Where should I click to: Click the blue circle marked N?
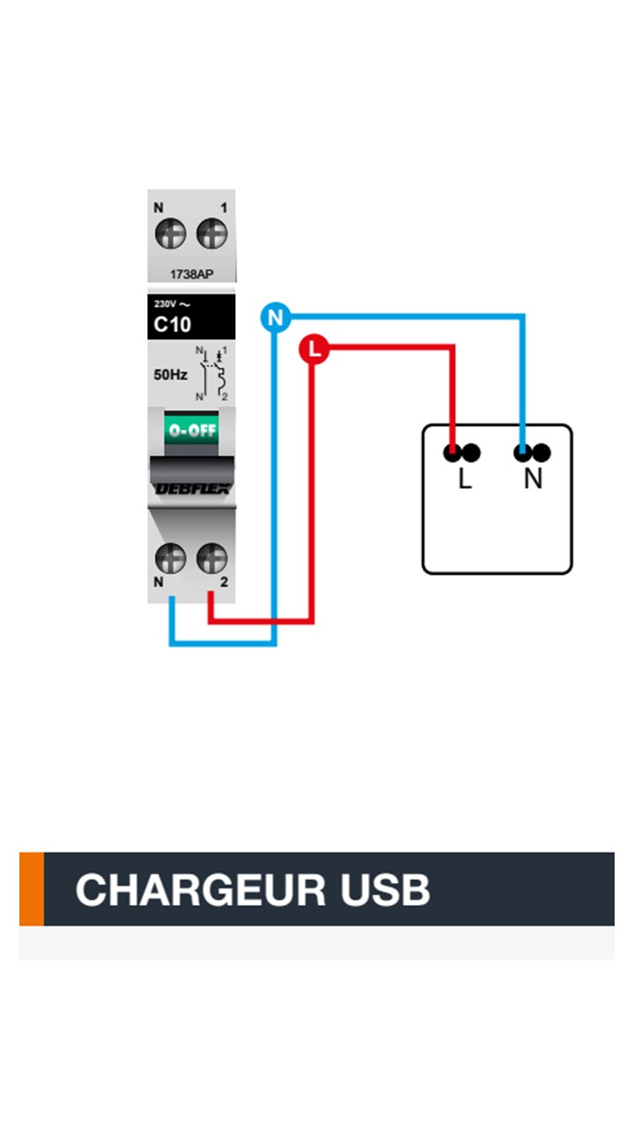click(x=276, y=317)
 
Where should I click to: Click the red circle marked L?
click(x=313, y=350)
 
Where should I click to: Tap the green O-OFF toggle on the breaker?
click(x=191, y=431)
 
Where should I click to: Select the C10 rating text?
click(x=173, y=324)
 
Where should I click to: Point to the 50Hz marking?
click(x=171, y=375)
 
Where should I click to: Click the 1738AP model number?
click(x=191, y=274)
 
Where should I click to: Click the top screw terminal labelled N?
click(x=170, y=234)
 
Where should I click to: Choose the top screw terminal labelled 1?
click(x=211, y=234)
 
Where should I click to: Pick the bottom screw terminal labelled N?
click(x=170, y=557)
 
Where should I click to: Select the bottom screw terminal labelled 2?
click(x=211, y=557)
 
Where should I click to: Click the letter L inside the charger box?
click(x=465, y=481)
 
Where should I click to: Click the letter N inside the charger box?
click(x=533, y=481)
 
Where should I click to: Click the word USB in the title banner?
click(x=387, y=890)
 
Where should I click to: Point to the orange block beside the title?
click(x=32, y=889)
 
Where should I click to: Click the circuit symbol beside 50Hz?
click(x=212, y=375)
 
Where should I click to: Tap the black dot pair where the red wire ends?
click(x=462, y=453)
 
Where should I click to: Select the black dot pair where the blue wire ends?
click(x=533, y=453)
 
